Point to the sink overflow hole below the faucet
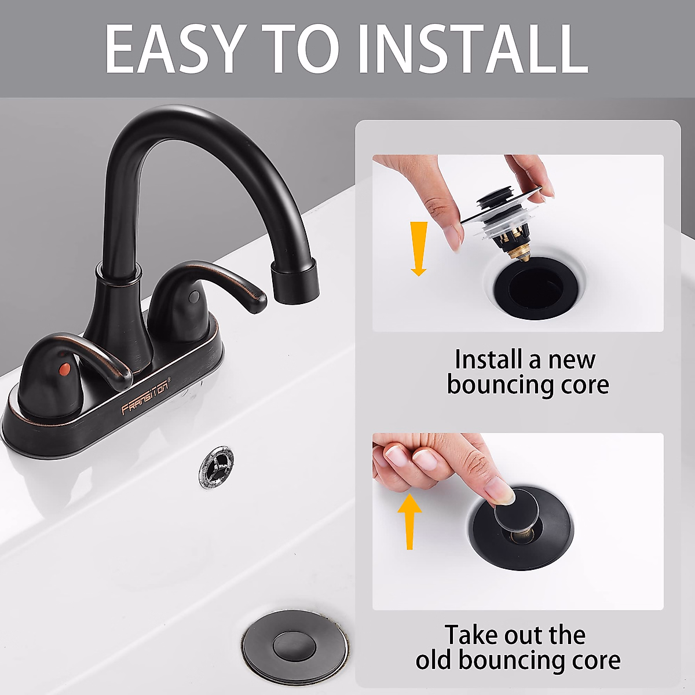coord(217,467)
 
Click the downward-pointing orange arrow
coord(418,249)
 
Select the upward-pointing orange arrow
coord(410,521)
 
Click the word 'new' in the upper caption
coord(572,360)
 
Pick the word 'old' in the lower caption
coord(434,660)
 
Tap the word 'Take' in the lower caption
coord(471,635)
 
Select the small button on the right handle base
coord(193,297)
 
